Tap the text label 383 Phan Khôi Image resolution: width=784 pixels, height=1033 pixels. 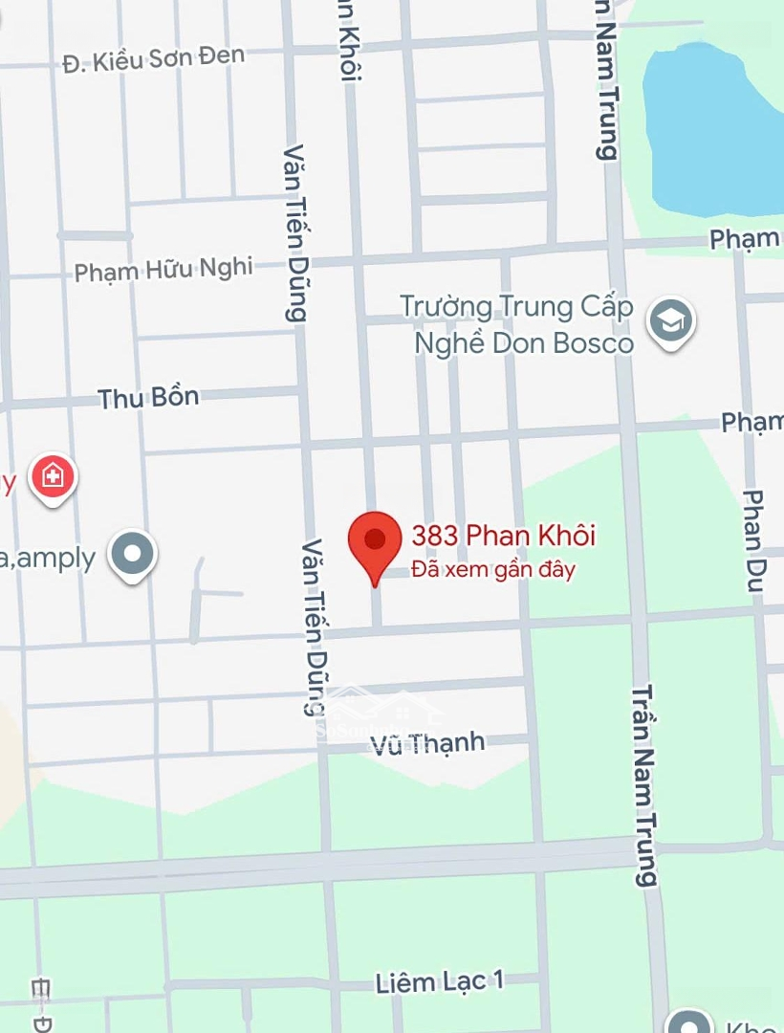click(503, 536)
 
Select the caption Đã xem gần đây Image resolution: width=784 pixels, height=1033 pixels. click(493, 570)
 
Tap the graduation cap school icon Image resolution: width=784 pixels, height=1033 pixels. click(670, 321)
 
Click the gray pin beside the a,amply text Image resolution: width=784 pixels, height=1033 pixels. click(131, 554)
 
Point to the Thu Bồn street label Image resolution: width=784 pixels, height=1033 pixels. click(149, 398)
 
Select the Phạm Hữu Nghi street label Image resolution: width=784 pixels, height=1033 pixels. click(163, 270)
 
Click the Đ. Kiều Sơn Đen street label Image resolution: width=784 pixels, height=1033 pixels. click(153, 59)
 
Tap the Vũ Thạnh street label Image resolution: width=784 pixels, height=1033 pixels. click(428, 742)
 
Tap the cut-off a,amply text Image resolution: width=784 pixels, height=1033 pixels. click(48, 558)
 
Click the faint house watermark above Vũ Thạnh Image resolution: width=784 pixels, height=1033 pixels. click(382, 713)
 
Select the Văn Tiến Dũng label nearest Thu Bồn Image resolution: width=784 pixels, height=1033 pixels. click(296, 232)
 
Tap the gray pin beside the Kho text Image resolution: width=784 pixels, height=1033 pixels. click(690, 1022)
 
